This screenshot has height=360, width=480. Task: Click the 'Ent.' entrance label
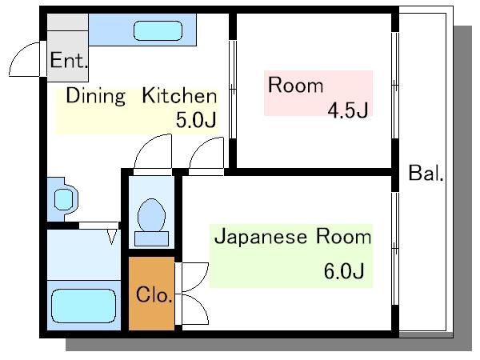pyautogui.click(x=69, y=60)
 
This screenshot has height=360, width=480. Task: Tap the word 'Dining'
pyautogui.click(x=96, y=96)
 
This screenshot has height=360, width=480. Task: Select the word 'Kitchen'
pyautogui.click(x=180, y=95)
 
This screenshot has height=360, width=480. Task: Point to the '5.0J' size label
pyautogui.click(x=196, y=120)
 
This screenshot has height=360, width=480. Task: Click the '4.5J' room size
pyautogui.click(x=348, y=110)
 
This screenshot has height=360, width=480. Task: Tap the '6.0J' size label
pyautogui.click(x=344, y=270)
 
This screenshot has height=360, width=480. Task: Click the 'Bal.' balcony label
pyautogui.click(x=426, y=173)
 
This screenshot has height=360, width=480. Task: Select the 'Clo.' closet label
pyautogui.click(x=154, y=294)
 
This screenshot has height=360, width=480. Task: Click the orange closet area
pyautogui.click(x=151, y=294)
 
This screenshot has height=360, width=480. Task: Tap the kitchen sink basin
pyautogui.click(x=158, y=30)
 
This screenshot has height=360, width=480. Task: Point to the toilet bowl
pyautogui.click(x=151, y=215)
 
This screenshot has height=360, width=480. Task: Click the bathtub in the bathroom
pyautogui.click(x=83, y=306)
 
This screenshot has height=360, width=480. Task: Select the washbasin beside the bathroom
pyautogui.click(x=64, y=199)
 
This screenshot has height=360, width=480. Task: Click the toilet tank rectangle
pyautogui.click(x=151, y=238)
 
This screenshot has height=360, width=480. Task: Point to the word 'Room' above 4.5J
pyautogui.click(x=295, y=85)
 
